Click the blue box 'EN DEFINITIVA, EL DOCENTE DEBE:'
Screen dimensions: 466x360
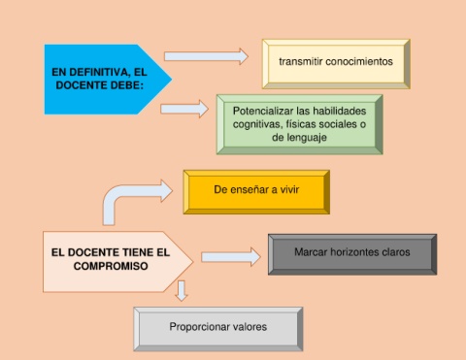[x=104, y=80]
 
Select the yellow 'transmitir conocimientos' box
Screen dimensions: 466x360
[x=336, y=64]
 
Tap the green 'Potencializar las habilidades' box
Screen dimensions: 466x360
[x=300, y=124]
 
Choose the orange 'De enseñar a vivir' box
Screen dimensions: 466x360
[x=256, y=192]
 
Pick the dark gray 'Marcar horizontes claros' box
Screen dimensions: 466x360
[x=352, y=254]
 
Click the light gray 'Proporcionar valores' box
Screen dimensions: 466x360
[x=218, y=329]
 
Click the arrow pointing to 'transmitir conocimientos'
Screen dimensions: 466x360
[x=206, y=56]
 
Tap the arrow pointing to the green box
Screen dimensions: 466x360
[x=184, y=109]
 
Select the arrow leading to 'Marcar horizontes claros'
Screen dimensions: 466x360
[x=231, y=257]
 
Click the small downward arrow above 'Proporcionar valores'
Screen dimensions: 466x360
[x=182, y=291]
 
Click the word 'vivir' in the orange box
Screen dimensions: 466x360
[x=289, y=189]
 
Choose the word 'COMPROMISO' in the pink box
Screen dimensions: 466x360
[x=111, y=266]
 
